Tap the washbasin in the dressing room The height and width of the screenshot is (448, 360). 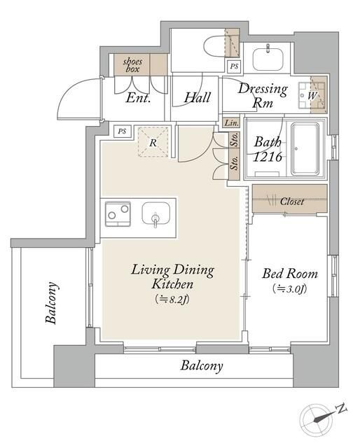tap(268, 59)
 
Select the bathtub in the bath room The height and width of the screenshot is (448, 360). tap(305, 149)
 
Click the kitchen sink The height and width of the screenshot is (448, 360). tap(156, 213)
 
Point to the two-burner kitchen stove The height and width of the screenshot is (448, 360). tap(118, 214)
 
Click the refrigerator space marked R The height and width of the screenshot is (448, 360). tap(153, 142)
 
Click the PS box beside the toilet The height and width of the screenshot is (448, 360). tap(234, 66)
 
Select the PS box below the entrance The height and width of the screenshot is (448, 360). tap(122, 132)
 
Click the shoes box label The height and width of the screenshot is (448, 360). tap(132, 65)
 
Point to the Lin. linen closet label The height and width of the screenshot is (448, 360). tap(231, 123)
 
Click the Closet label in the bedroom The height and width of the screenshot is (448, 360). tap(291, 202)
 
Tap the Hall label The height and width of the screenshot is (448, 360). tap(197, 97)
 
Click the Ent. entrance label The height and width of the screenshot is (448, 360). tap(138, 98)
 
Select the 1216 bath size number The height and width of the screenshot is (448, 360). tap(268, 157)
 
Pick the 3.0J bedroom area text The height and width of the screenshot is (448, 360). tap(290, 288)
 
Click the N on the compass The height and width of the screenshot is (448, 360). tap(341, 409)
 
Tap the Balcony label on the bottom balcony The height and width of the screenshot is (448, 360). tap(202, 365)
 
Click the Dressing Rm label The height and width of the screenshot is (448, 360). tap(263, 95)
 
